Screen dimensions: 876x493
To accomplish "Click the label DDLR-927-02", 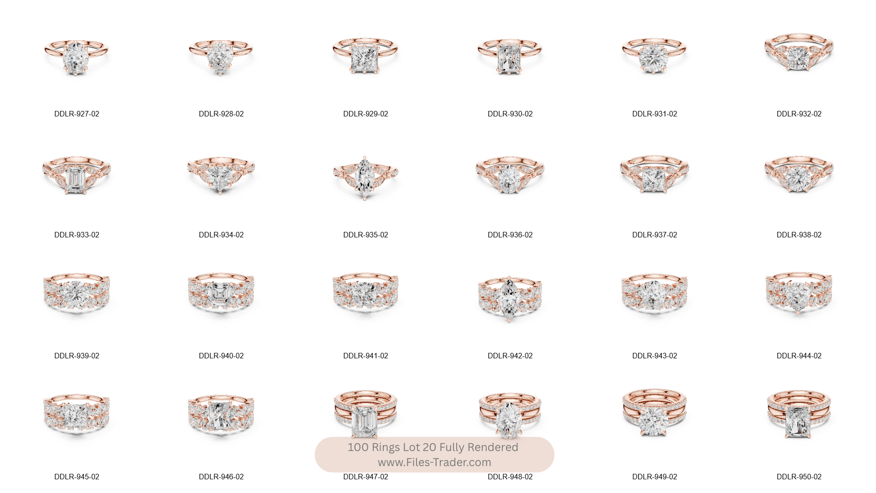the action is point(77,114).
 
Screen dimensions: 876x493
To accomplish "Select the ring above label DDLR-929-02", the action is point(365,56).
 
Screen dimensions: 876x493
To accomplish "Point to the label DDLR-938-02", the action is point(799,235).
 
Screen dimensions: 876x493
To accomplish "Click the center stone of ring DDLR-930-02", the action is point(510,58).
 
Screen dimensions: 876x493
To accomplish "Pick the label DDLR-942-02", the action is point(510,356).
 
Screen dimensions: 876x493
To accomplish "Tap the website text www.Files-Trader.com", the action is point(434,462).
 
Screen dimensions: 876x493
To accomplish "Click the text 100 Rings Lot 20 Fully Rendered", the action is point(433,447).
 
